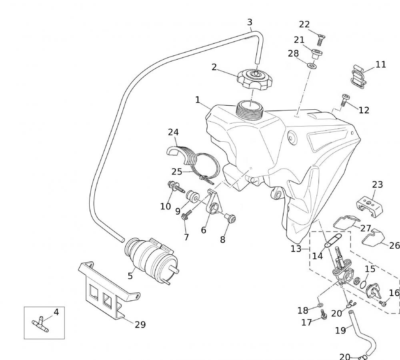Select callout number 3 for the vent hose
point(250,22)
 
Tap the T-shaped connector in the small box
point(40,323)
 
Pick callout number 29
point(140,324)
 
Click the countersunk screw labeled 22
point(320,39)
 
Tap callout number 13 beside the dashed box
point(296,249)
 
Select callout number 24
point(173,132)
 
